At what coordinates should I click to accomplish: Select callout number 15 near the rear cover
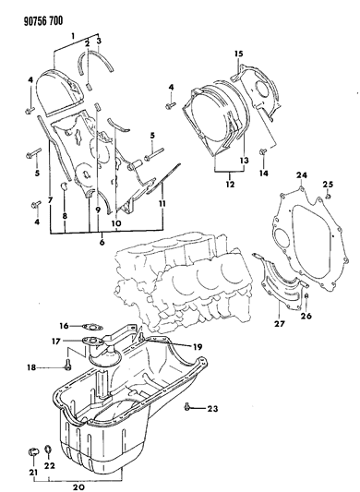pyautogui.click(x=237, y=54)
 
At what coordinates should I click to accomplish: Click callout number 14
pyautogui.click(x=264, y=173)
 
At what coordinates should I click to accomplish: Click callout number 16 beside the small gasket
pyautogui.click(x=64, y=325)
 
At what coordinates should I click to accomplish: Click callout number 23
pyautogui.click(x=212, y=407)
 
